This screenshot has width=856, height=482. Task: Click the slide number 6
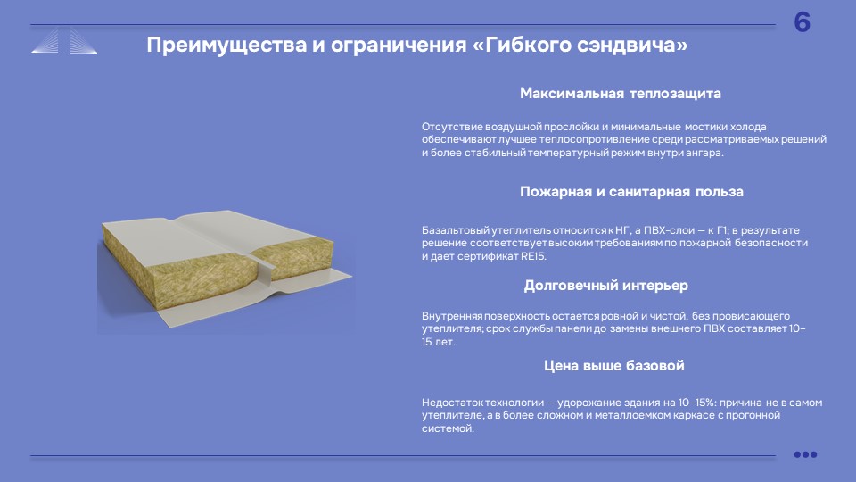[x=802, y=22]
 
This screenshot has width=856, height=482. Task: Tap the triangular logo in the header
[x=64, y=41]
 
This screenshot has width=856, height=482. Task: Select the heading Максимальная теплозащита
[x=621, y=94]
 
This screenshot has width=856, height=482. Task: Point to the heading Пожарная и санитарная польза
[x=631, y=192]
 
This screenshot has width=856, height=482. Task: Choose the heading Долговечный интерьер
[x=606, y=286]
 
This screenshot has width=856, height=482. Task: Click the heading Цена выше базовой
[x=614, y=366]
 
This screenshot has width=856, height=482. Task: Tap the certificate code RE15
[x=533, y=256]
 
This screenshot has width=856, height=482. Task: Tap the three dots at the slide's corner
[x=805, y=454]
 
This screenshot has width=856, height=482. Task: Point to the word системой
[x=448, y=429]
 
